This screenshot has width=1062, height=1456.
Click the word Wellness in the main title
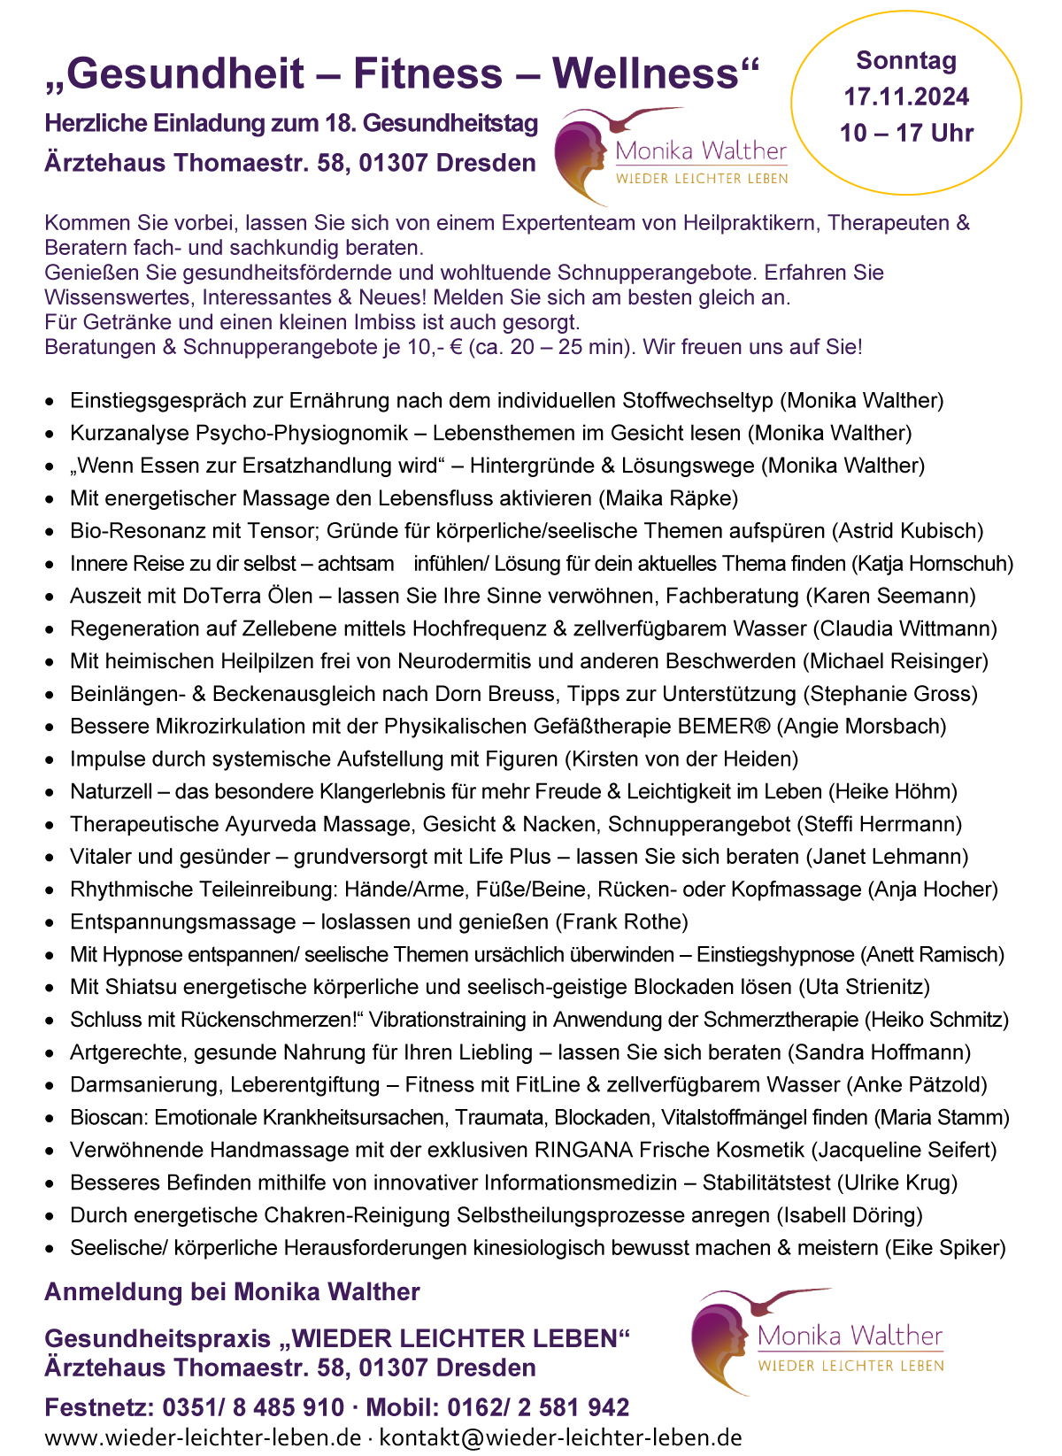tap(655, 73)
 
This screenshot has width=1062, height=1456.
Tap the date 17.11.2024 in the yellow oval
tap(906, 96)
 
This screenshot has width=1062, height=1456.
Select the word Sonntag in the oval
tap(906, 60)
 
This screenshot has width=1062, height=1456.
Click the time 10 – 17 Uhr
tap(906, 133)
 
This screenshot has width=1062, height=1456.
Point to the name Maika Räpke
tap(668, 498)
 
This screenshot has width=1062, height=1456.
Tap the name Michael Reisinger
tap(896, 661)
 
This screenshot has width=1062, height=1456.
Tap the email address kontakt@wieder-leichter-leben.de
tap(560, 1437)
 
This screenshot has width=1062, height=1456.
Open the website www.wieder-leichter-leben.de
tap(203, 1437)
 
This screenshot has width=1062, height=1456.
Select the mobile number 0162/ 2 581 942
tap(538, 1407)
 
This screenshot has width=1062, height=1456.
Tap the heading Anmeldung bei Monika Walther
tap(232, 1292)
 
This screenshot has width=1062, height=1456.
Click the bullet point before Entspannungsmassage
tap(50, 923)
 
